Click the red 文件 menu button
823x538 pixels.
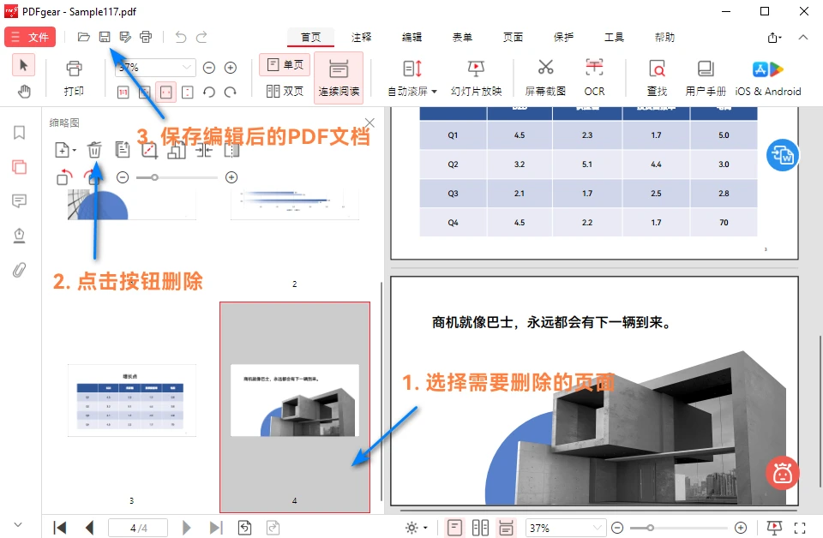[x=30, y=37]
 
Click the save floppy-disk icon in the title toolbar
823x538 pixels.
[x=105, y=37]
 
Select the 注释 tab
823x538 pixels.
[x=361, y=38]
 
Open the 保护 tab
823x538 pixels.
[x=563, y=38]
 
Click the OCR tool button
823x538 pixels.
[x=594, y=76]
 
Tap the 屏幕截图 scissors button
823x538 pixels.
[x=545, y=76]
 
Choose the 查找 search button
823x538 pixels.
[x=657, y=76]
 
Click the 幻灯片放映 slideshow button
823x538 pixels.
[x=476, y=76]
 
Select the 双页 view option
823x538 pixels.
[x=285, y=91]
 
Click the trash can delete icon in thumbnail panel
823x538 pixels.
[x=95, y=150]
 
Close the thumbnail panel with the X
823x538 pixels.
[x=369, y=123]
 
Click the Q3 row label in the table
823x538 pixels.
[x=453, y=193]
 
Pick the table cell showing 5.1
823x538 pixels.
[x=586, y=164]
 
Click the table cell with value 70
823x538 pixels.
[x=724, y=222]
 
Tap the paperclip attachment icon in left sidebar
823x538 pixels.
[x=19, y=270]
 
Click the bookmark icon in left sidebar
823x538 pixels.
[x=19, y=133]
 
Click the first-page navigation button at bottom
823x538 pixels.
[x=60, y=528]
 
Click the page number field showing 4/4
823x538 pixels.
[x=138, y=528]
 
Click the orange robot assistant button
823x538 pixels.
[x=782, y=473]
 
